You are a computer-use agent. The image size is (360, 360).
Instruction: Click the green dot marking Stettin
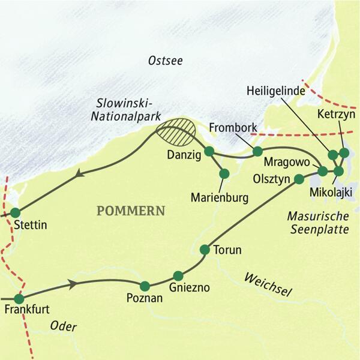tap(15, 212)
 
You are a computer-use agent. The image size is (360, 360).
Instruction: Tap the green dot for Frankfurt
tap(19, 298)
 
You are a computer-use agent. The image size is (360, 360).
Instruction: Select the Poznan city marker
tap(145, 286)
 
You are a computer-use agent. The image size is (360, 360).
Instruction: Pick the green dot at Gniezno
tap(178, 275)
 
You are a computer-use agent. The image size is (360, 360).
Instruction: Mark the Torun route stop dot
tap(205, 248)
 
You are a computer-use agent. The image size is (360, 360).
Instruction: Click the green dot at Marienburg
tap(224, 173)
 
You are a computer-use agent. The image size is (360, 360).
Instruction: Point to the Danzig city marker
tap(209, 151)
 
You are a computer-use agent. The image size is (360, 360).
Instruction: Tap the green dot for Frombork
tap(257, 151)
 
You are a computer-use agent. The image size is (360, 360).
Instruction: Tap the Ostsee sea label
tap(164, 61)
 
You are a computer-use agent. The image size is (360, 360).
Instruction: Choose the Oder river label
tap(65, 327)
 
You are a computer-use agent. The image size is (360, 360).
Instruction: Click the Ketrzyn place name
tap(337, 113)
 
